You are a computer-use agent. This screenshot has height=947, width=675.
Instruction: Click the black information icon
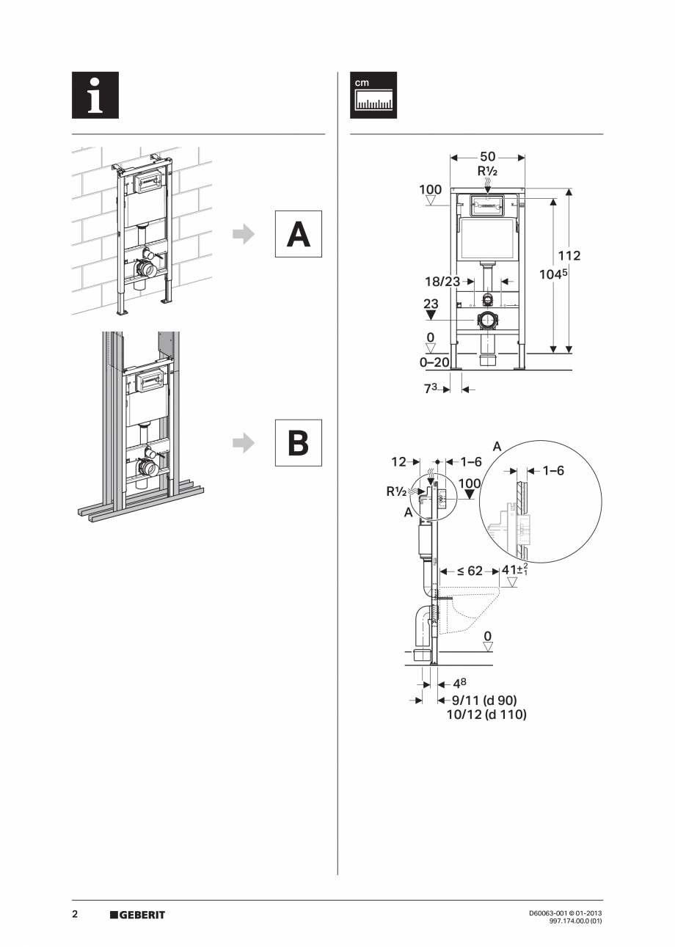pyautogui.click(x=95, y=95)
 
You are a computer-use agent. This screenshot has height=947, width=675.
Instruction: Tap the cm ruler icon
pyautogui.click(x=373, y=95)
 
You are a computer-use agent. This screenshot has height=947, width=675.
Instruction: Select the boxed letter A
pyautogui.click(x=298, y=234)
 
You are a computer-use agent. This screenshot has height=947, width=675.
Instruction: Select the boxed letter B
pyautogui.click(x=298, y=442)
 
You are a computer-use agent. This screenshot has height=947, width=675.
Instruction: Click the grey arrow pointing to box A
pyautogui.click(x=243, y=234)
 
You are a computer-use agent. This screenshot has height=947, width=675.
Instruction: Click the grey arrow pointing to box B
pyautogui.click(x=243, y=442)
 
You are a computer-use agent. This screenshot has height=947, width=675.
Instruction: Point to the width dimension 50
pyautogui.click(x=487, y=157)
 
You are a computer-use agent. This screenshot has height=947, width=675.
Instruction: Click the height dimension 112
pyautogui.click(x=569, y=256)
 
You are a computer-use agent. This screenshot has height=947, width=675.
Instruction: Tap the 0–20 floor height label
pyautogui.click(x=434, y=362)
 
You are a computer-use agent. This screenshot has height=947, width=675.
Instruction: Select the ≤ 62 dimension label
pyautogui.click(x=469, y=571)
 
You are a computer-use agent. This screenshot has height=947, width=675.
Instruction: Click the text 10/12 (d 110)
pyautogui.click(x=486, y=714)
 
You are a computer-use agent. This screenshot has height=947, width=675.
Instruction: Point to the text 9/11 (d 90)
pyautogui.click(x=484, y=701)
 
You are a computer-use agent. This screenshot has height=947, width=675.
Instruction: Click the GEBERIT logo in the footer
pyautogui.click(x=137, y=915)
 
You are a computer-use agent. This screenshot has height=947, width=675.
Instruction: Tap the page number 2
pyautogui.click(x=75, y=915)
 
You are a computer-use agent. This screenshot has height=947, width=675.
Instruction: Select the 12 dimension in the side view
pyautogui.click(x=398, y=462)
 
